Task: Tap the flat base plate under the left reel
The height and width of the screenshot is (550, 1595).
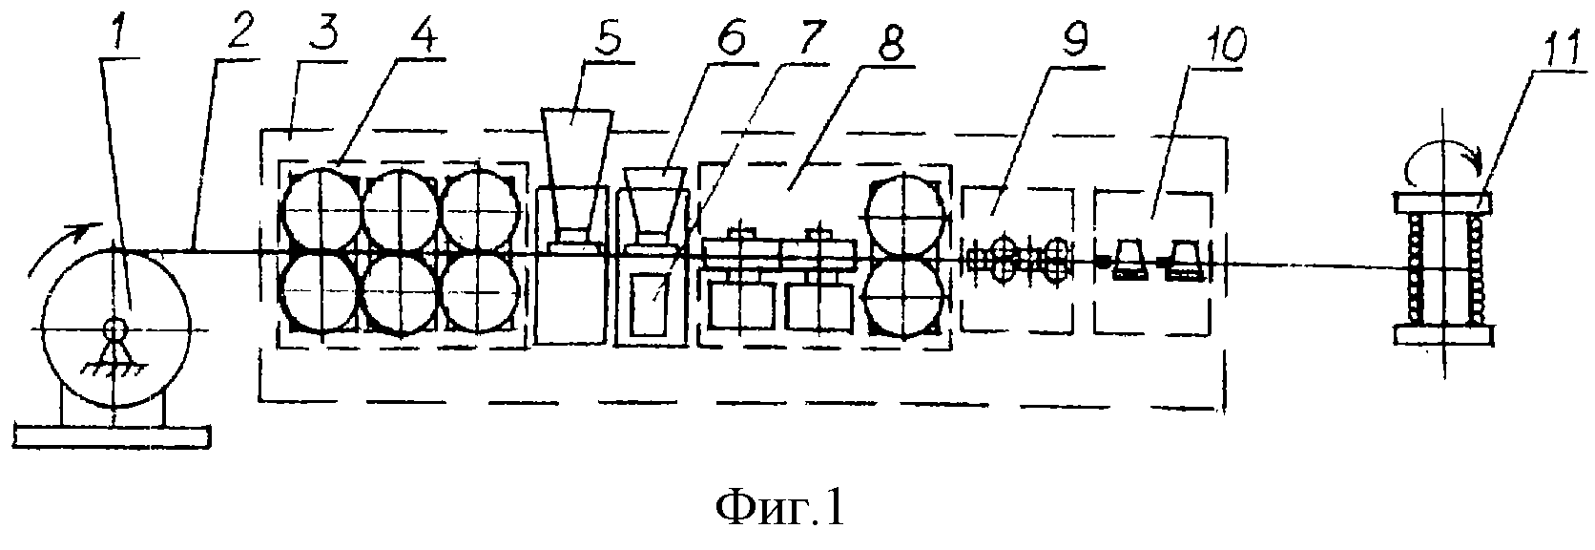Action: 112,436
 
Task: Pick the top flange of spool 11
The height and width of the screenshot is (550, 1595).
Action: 1441,203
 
